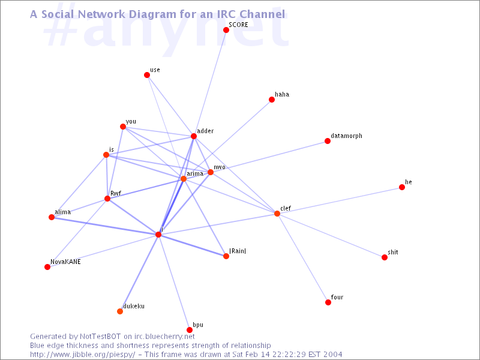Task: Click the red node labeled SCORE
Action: (x=226, y=30)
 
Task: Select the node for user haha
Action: (x=272, y=100)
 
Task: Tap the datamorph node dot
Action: (x=328, y=141)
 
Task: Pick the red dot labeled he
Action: (x=402, y=187)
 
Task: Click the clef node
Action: (x=277, y=214)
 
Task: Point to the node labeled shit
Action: (x=385, y=257)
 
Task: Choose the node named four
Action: (x=328, y=302)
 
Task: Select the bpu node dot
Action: (x=190, y=330)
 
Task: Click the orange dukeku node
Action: (x=120, y=311)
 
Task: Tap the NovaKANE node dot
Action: (x=47, y=267)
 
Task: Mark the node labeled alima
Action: (x=52, y=217)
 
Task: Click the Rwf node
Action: (x=107, y=199)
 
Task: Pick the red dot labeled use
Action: (x=147, y=75)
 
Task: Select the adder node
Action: (x=194, y=136)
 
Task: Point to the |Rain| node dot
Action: (x=226, y=256)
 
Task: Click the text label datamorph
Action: (x=346, y=136)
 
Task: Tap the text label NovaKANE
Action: (x=65, y=262)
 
